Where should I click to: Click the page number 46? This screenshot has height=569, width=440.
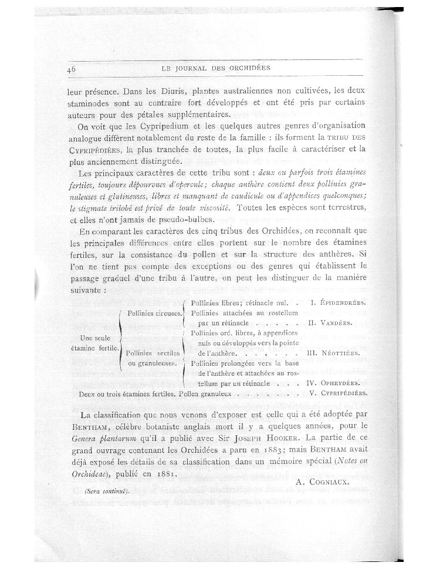(73, 69)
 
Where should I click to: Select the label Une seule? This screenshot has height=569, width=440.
(95, 339)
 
